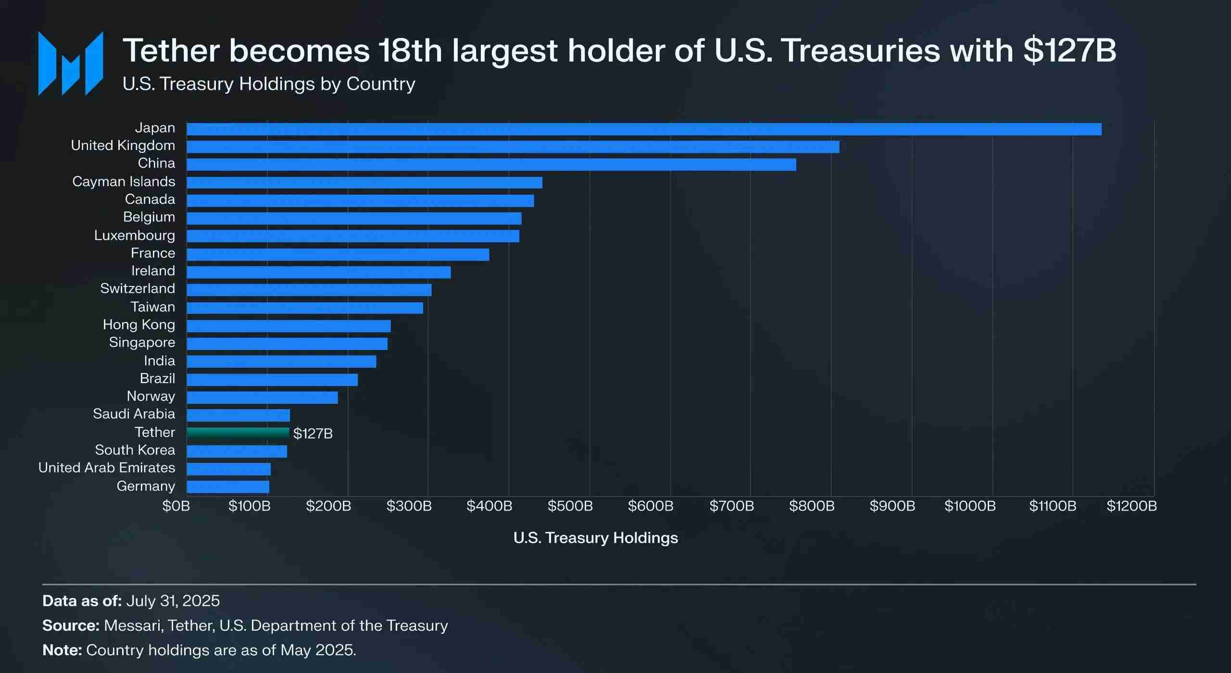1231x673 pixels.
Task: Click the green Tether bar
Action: [x=238, y=433]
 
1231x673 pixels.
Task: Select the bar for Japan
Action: [x=643, y=129]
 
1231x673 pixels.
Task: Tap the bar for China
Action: [x=491, y=164]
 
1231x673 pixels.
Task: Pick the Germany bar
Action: [x=227, y=486]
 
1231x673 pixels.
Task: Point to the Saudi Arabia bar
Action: [x=238, y=415]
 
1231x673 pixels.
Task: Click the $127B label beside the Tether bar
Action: [x=313, y=434]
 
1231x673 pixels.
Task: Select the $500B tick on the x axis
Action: [x=570, y=506]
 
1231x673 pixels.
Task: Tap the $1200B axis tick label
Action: [x=1131, y=506]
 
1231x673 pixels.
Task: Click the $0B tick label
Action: [x=176, y=506]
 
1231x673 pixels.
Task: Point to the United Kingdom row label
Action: [x=123, y=145]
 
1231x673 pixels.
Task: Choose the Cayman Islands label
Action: [x=124, y=181]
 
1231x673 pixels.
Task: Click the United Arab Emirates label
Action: [x=107, y=468]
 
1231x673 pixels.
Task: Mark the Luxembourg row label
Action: [x=135, y=235]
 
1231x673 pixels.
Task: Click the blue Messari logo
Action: [x=71, y=63]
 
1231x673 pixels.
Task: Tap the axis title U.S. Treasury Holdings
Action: [x=595, y=537]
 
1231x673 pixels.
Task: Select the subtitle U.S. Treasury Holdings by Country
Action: [x=269, y=84]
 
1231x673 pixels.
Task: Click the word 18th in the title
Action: [x=410, y=50]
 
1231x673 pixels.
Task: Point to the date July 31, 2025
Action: [x=173, y=601]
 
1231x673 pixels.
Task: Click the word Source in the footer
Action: [x=70, y=625]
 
